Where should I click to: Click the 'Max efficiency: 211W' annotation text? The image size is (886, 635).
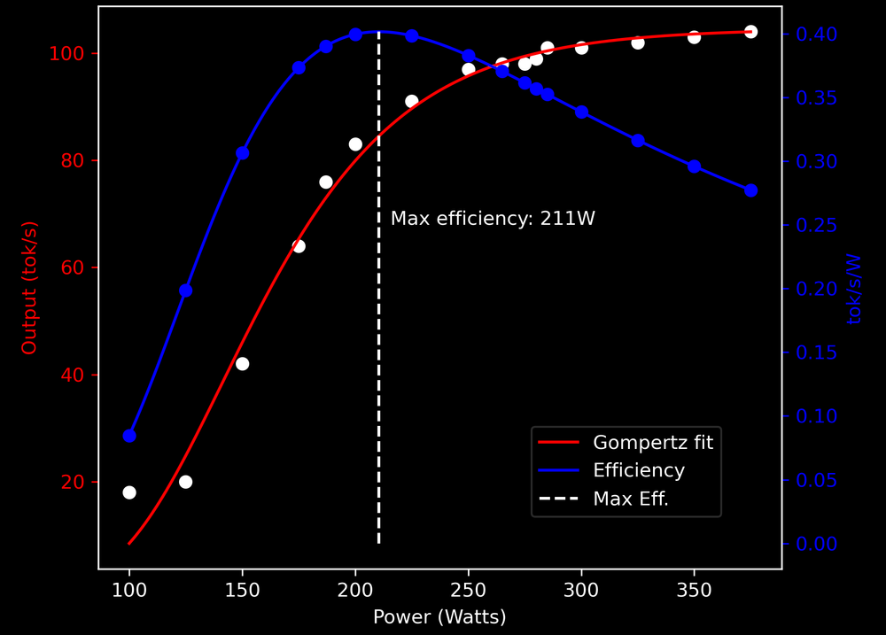click(493, 219)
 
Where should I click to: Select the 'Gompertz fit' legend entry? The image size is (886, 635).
click(652, 442)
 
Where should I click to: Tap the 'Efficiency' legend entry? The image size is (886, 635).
click(638, 470)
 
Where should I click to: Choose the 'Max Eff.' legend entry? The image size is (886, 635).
click(631, 499)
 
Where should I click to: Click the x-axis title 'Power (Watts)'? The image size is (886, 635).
click(439, 617)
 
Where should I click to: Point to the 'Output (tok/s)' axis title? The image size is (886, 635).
click(30, 288)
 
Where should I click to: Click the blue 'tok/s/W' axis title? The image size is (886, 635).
click(855, 289)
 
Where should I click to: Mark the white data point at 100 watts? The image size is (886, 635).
click(129, 492)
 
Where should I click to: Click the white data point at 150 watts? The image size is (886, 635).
click(242, 364)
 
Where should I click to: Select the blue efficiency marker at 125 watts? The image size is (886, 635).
click(186, 290)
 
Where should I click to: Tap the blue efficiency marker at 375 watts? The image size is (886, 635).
click(750, 190)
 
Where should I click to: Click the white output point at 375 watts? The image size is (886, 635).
click(750, 32)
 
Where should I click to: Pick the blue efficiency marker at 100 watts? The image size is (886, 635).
click(129, 436)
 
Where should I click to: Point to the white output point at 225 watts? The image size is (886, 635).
click(412, 102)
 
